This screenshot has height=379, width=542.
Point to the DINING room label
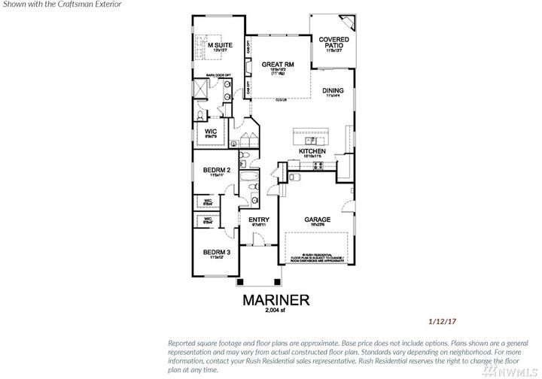(333, 91)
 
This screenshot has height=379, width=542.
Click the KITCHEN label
(312, 151)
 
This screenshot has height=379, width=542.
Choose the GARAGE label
(317, 220)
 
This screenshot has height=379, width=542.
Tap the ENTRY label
(258, 220)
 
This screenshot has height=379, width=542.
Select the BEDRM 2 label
(216, 170)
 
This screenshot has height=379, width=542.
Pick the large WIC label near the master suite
(211, 132)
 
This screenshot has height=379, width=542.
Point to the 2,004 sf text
(275, 311)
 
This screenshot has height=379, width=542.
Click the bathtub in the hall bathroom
(248, 180)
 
